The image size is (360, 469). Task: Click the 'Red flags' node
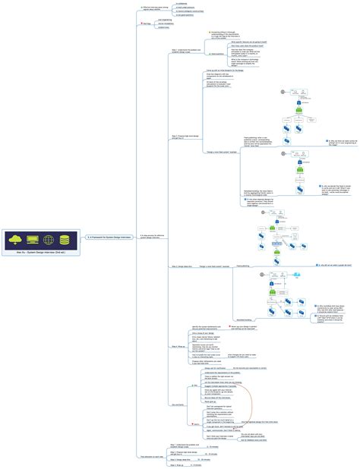147,24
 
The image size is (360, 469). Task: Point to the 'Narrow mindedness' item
166,24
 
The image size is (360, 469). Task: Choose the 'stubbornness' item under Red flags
164,28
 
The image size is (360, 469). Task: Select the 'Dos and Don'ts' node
157,383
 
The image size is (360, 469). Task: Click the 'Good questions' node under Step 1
195,54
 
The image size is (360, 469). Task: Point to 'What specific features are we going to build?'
229,42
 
